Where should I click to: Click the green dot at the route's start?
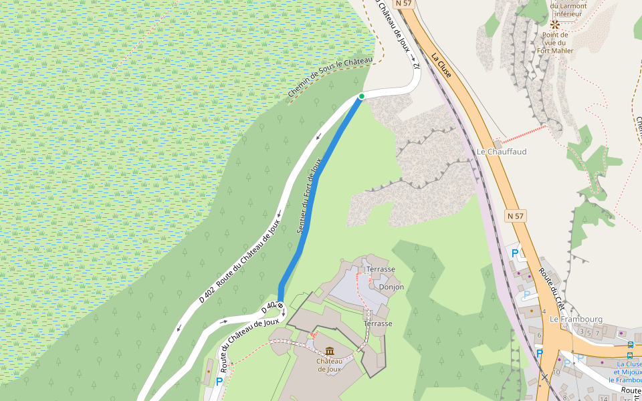coord(362,96)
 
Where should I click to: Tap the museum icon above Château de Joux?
coord(330,352)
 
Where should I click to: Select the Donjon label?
coord(391,287)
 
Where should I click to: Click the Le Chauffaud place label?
coord(502,152)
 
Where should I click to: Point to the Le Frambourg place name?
coord(576,319)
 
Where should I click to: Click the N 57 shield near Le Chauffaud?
coord(515,216)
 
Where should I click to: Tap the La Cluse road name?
coord(441,65)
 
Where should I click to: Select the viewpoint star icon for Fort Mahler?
coord(554,23)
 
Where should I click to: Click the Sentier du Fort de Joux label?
coord(309,195)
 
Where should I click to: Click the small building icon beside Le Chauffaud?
coord(497,143)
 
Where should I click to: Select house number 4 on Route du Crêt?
coord(545,311)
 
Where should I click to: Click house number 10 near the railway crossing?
coord(557,372)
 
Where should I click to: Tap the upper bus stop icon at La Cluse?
coord(631,345)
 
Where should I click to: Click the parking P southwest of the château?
coord(219,382)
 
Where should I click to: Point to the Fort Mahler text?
coord(555,50)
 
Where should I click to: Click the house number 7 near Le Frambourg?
coord(597,332)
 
